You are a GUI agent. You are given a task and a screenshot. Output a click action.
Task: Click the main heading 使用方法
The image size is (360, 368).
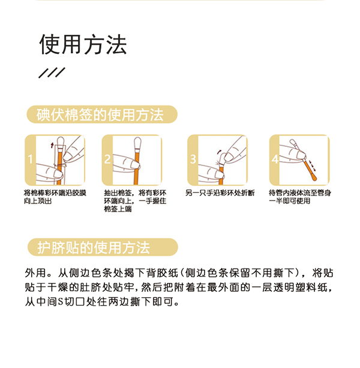click(83, 44)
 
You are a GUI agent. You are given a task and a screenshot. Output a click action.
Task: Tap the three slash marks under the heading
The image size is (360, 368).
click(52, 73)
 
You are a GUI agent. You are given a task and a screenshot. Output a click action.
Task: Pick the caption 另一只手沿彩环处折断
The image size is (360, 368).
click(219, 193)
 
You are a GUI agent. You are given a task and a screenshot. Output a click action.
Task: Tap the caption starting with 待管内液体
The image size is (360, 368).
click(301, 197)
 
